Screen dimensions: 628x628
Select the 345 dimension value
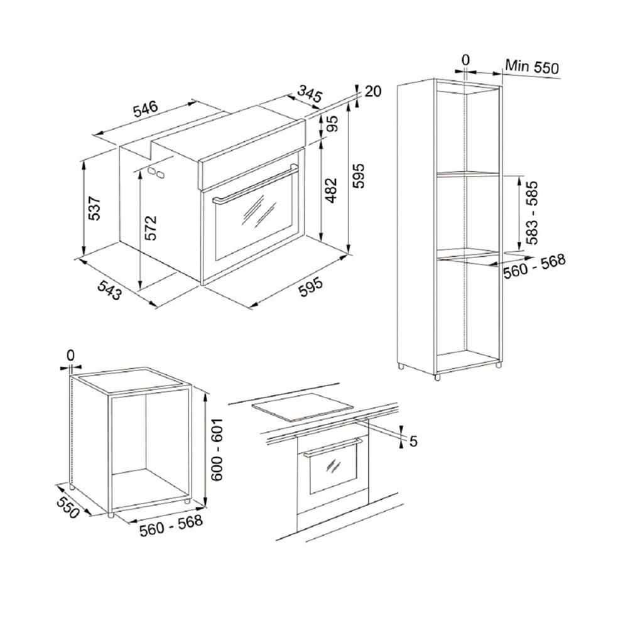point(310,95)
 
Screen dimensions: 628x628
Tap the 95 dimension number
point(332,124)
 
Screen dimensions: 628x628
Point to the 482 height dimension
point(330,190)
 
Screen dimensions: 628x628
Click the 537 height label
point(94,208)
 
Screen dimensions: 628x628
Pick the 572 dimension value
point(151,228)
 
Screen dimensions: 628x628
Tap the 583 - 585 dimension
point(532,213)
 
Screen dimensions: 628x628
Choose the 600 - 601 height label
point(217,450)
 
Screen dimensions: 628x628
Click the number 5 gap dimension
point(413,441)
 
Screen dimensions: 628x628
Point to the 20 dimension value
point(373,91)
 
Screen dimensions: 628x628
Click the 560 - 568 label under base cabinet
point(171,526)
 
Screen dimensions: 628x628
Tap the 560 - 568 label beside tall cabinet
point(534,266)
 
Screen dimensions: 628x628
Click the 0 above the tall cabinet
point(465,60)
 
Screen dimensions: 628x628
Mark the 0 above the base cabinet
point(70,355)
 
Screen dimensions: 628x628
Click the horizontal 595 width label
point(310,288)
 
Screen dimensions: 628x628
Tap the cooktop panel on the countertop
point(303,407)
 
